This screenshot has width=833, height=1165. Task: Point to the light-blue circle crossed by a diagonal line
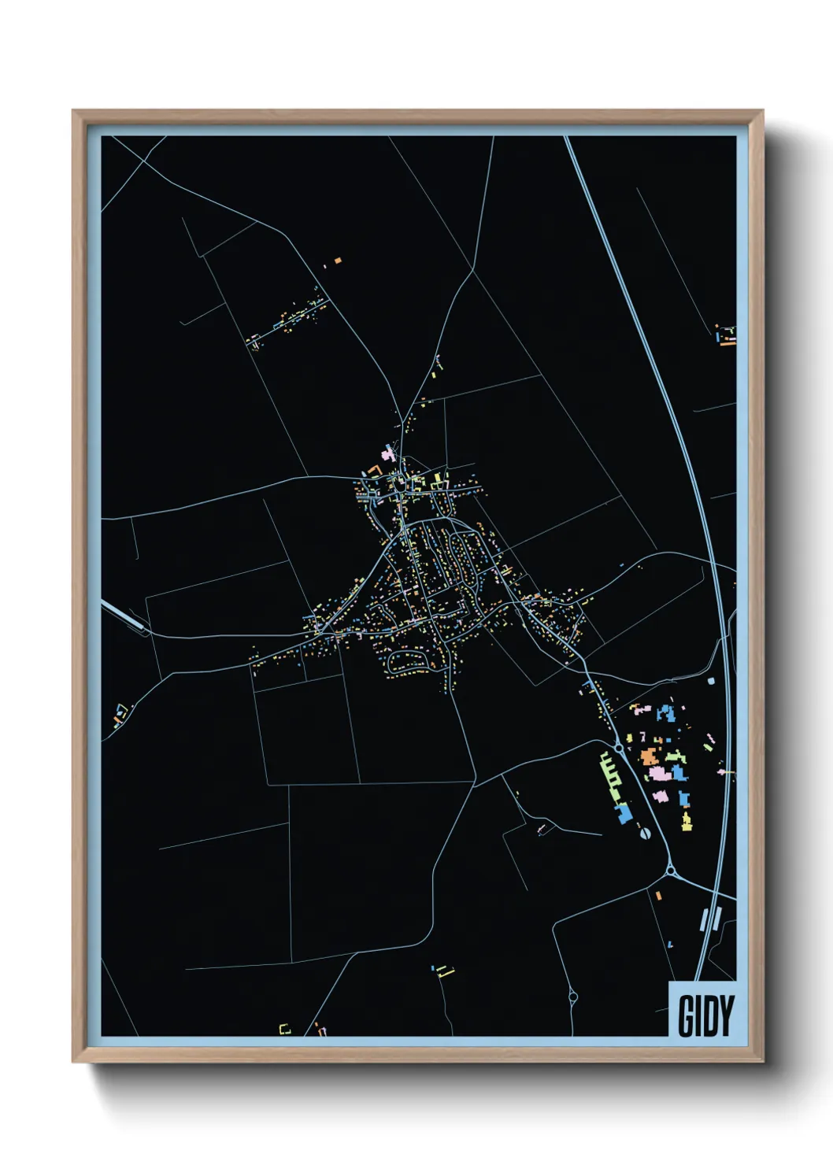coord(645,833)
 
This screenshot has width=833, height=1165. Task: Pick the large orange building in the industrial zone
coord(649,756)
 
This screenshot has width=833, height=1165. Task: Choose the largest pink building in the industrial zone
coord(659,775)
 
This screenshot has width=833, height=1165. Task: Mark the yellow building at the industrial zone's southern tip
coord(687,823)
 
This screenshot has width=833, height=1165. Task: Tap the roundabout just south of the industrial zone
coord(671,871)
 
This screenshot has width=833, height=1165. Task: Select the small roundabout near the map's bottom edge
coord(572,997)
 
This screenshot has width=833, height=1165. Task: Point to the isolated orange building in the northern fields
coord(338,258)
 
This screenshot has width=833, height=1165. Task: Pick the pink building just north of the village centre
coord(387,455)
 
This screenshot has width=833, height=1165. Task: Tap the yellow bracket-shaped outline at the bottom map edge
coord(285,1028)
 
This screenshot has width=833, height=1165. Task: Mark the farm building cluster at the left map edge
coord(120,715)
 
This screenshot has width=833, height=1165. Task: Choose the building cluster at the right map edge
coord(726,335)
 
